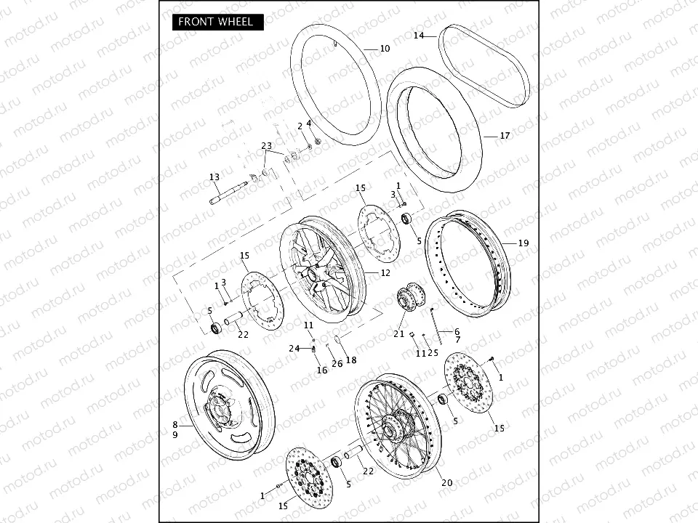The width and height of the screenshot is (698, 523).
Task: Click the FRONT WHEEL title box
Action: pyautogui.click(x=217, y=22)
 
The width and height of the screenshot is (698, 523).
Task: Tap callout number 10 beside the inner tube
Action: pyautogui.click(x=385, y=49)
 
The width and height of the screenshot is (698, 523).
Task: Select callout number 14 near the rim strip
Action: pyautogui.click(x=419, y=36)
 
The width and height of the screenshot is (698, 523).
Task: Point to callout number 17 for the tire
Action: pyautogui.click(x=505, y=135)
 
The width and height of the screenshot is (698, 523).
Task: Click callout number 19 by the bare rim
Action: pyautogui.click(x=523, y=243)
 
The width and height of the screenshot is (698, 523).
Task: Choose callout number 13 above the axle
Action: pyautogui.click(x=214, y=177)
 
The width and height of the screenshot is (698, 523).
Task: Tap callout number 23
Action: pyautogui.click(x=266, y=146)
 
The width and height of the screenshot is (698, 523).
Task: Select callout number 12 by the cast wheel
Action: pyautogui.click(x=385, y=273)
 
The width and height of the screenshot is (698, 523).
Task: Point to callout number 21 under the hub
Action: pyautogui.click(x=399, y=333)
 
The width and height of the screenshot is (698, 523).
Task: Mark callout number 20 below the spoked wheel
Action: pyautogui.click(x=446, y=483)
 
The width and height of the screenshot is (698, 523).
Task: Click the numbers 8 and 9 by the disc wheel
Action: pyautogui.click(x=175, y=429)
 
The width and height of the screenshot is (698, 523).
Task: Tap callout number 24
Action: pyautogui.click(x=294, y=349)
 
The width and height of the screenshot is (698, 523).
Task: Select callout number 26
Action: pyautogui.click(x=337, y=363)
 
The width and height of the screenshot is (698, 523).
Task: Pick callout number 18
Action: pyautogui.click(x=351, y=360)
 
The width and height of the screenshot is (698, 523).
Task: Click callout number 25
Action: pyautogui.click(x=433, y=353)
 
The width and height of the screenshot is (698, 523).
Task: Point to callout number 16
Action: pyautogui.click(x=322, y=370)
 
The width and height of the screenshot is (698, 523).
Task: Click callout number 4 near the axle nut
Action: pyautogui.click(x=308, y=123)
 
